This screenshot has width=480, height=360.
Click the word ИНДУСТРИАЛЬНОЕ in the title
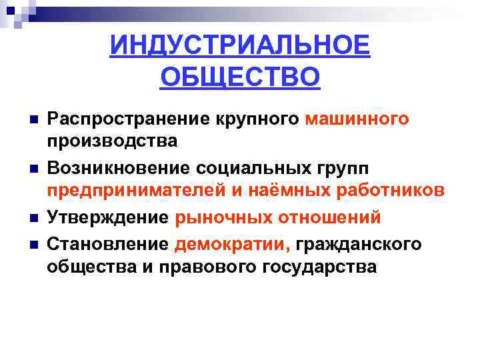240,47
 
